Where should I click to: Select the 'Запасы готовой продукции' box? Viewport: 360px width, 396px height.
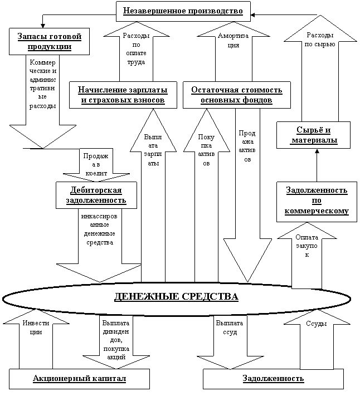point(46,41)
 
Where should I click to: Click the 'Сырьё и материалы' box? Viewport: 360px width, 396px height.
point(314,135)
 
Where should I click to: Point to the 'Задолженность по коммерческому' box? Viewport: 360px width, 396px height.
point(316,201)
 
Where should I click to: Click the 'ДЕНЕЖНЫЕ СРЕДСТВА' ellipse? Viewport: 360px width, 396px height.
point(176,296)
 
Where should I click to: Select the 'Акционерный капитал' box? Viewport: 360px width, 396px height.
point(80,379)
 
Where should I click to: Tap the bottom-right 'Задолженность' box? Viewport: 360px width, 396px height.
point(273,379)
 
